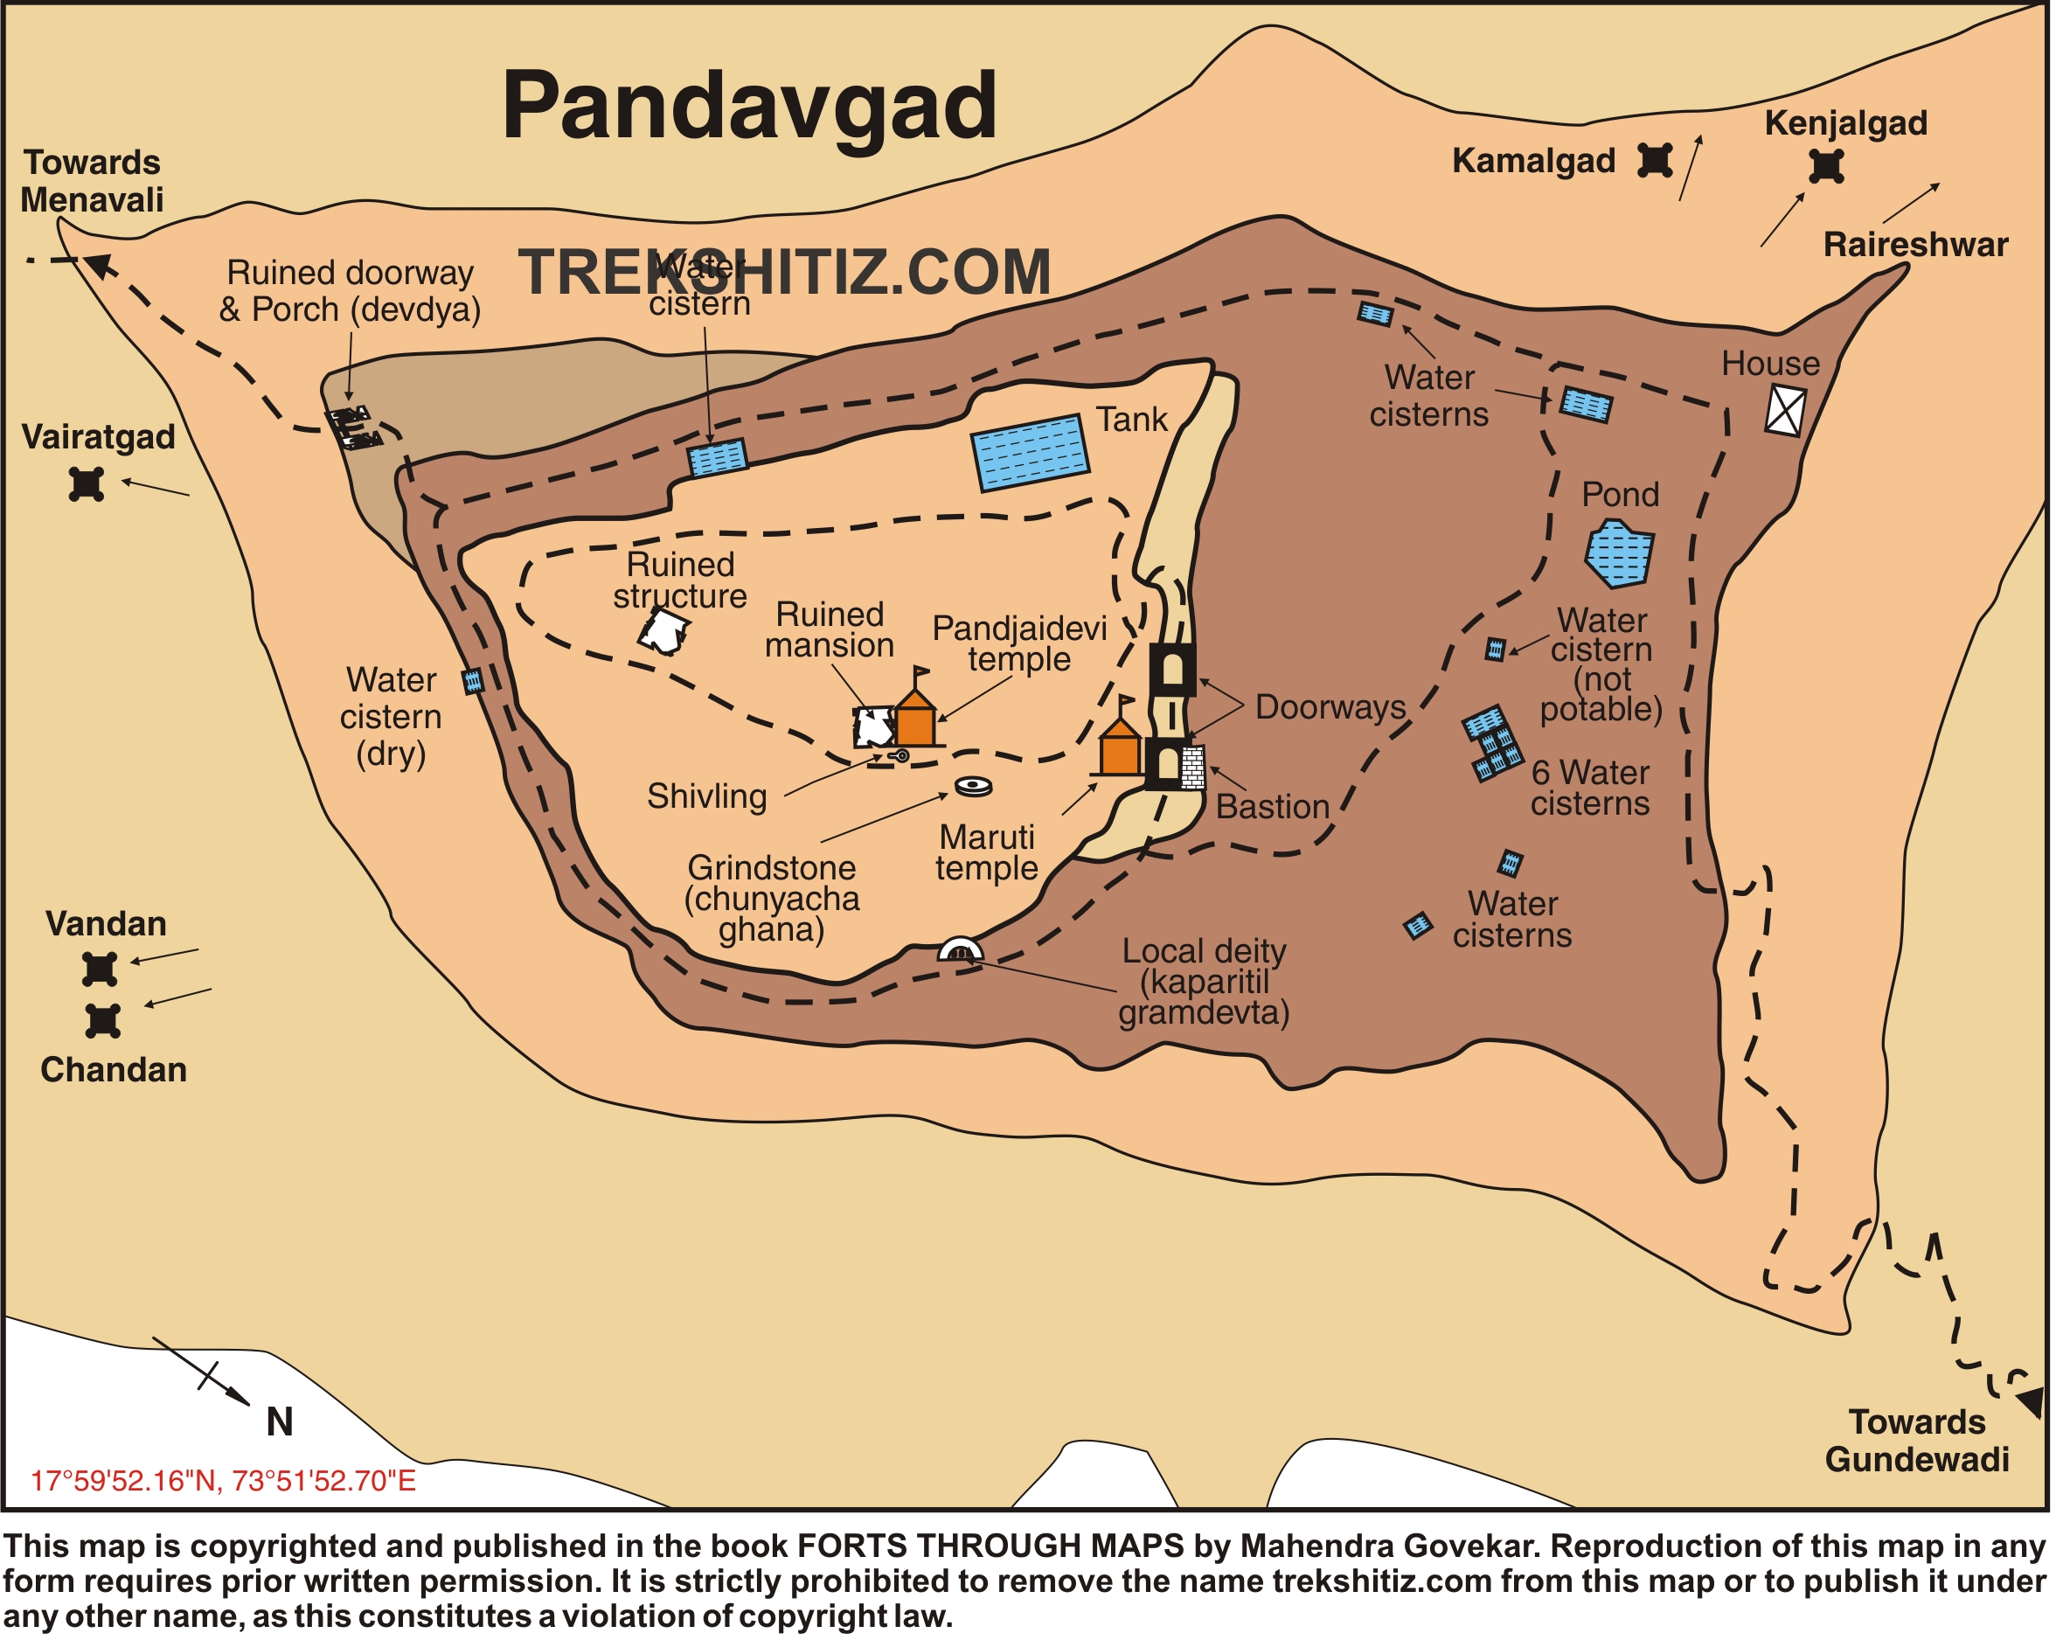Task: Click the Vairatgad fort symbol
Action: pyautogui.click(x=87, y=484)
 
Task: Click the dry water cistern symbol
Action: pyautogui.click(x=473, y=682)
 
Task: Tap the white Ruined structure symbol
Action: pyautogui.click(x=664, y=632)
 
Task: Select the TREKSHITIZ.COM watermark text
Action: pyautogui.click(x=785, y=274)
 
